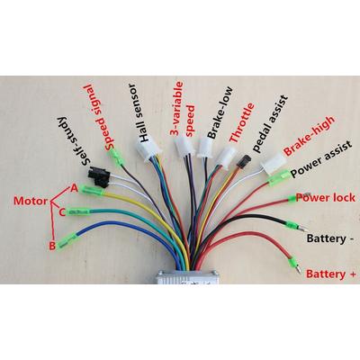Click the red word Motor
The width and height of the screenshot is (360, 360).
[x=31, y=201]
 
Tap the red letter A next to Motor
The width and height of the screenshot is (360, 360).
[x=74, y=188]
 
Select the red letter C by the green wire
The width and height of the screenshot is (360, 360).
[x=61, y=212]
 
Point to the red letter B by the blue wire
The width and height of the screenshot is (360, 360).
[x=52, y=247]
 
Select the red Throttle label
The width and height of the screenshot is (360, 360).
[x=242, y=122]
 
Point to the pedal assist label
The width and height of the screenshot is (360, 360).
[x=270, y=124]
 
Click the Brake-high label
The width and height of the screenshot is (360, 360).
[x=309, y=136]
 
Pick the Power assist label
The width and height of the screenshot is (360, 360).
[x=321, y=159]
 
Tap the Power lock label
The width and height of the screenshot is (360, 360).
[x=326, y=198]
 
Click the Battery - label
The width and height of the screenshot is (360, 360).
[x=329, y=239]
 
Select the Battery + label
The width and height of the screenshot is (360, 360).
[x=331, y=274]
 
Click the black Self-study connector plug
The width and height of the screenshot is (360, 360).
[x=98, y=177]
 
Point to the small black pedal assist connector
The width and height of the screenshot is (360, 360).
[x=243, y=161]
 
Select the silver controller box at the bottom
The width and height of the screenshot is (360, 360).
[x=186, y=276]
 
